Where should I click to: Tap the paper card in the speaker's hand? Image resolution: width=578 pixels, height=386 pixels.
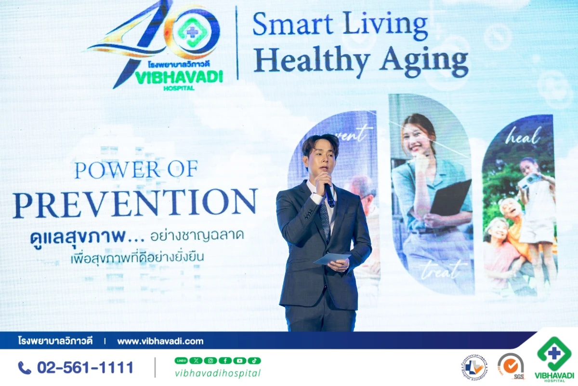click(332, 259)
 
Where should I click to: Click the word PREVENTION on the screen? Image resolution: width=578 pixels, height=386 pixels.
click(135, 203)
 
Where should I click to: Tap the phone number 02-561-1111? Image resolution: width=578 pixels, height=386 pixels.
click(85, 368)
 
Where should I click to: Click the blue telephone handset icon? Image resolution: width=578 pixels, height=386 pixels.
click(25, 368)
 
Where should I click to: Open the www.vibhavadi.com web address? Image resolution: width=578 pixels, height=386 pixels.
click(160, 341)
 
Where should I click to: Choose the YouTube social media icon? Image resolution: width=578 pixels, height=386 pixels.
click(239, 360)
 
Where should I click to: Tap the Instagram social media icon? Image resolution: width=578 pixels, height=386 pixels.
click(210, 360)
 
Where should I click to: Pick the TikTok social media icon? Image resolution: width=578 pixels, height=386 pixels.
click(254, 360)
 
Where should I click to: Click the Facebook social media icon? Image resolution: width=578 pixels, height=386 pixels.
click(225, 360)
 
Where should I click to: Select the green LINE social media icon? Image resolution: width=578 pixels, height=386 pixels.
click(181, 360)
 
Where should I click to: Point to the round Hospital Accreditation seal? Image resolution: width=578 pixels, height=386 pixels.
click(474, 367)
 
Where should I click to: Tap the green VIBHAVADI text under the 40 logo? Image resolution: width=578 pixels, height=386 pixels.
click(179, 78)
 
